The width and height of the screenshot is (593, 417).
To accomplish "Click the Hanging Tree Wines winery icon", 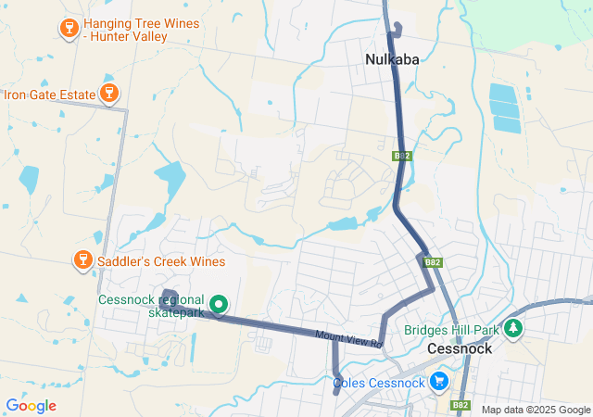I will pyautogui.click(x=69, y=29).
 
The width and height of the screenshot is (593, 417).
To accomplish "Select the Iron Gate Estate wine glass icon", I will pyautogui.click(x=109, y=93).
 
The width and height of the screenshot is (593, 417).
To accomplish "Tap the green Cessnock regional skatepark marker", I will pyautogui.click(x=220, y=303).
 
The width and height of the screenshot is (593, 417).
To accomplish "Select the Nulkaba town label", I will pyautogui.click(x=392, y=59).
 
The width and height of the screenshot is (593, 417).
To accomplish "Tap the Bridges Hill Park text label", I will pyautogui.click(x=452, y=330).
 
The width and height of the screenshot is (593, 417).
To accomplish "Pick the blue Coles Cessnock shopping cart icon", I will pyautogui.click(x=439, y=381).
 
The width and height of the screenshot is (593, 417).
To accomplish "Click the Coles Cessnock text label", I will pyautogui.click(x=379, y=383).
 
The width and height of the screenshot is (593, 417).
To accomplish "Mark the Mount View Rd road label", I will pyautogui.click(x=348, y=339).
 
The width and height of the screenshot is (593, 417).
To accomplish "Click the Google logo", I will pyautogui.click(x=31, y=406).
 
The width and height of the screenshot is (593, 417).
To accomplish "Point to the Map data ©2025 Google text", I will pyautogui.click(x=536, y=410).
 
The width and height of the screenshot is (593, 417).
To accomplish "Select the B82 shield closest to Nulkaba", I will pyautogui.click(x=401, y=157).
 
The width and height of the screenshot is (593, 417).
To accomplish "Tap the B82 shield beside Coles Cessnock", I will pyautogui.click(x=461, y=405).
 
